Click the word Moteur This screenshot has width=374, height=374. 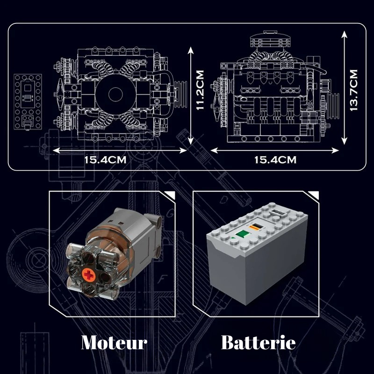click(114, 343)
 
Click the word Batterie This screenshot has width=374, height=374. click(259, 343)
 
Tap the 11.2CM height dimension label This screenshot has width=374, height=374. click(200, 90)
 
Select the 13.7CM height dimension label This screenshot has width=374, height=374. click(353, 90)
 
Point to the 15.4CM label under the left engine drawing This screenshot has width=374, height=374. click(105, 160)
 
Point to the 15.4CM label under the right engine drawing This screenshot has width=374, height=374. click(275, 160)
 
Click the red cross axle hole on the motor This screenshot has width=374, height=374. click(89, 275)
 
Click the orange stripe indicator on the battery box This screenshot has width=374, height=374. click(256, 227)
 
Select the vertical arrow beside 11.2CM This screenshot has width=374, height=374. click(190, 96)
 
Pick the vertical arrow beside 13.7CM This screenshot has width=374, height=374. click(344, 88)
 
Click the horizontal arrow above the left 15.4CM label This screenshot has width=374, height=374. click(120, 151)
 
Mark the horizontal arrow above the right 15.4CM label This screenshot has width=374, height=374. click(274, 151)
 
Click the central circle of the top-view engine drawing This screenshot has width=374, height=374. click(115, 94)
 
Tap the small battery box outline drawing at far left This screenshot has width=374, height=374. click(28, 102)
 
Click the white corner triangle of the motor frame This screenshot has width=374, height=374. click(170, 195)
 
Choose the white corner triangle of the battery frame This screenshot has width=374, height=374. click(313, 195)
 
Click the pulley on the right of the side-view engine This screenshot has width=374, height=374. click(333, 106)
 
